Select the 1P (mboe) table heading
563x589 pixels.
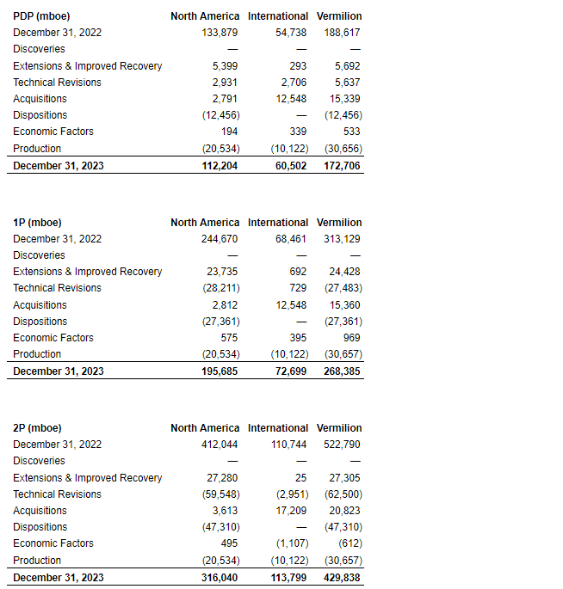click(37, 222)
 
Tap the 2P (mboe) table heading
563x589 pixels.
click(37, 427)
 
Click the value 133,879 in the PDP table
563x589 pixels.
click(220, 33)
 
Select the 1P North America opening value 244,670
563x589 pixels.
click(220, 238)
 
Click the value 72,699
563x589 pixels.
click(288, 371)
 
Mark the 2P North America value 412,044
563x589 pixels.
click(220, 445)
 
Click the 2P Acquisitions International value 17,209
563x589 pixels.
click(290, 511)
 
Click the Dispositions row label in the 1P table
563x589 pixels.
click(40, 322)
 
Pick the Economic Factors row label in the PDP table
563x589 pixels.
click(53, 132)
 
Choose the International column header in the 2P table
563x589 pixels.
click(277, 427)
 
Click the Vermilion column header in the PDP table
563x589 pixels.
click(339, 15)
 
